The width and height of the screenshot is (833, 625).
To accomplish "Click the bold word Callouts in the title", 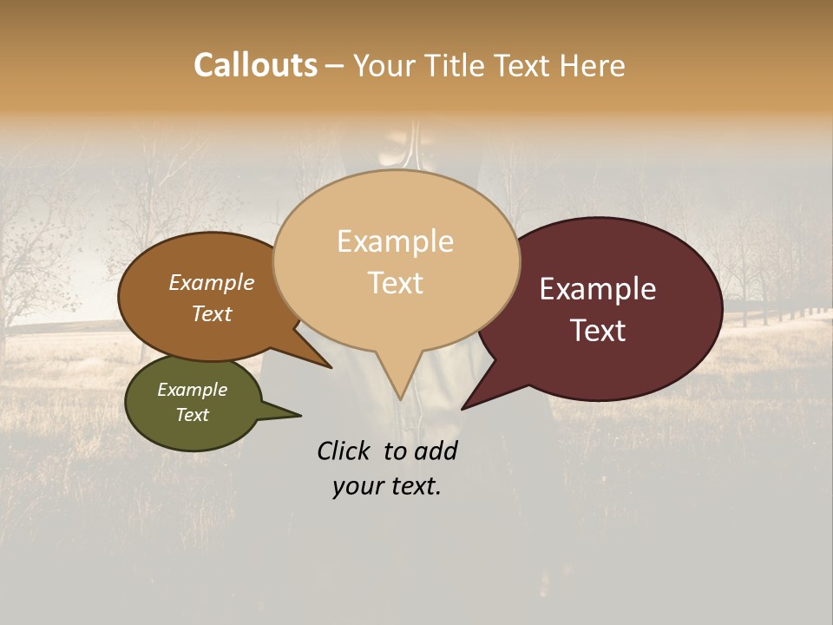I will point(255,65).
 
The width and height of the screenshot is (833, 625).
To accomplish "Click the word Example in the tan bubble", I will point(395,241).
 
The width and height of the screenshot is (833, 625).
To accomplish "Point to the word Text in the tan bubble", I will point(396,283).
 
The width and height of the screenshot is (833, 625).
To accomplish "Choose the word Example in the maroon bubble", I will point(598,289).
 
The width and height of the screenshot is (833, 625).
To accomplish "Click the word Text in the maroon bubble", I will point(599,331).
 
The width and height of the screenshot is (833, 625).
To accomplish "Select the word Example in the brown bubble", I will point(212,282).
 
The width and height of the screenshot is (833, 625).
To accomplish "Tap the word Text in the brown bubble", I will point(212,313).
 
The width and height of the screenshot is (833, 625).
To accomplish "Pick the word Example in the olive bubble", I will point(192,390).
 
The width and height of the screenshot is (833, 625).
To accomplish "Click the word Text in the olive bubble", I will point(192,415).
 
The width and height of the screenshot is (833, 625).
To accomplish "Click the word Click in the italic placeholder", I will point(344,451).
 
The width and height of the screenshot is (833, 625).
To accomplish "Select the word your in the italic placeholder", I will point(358,486).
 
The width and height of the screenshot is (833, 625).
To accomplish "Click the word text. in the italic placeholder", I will point(413,486).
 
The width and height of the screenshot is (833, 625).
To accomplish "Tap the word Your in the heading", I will point(384,65).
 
